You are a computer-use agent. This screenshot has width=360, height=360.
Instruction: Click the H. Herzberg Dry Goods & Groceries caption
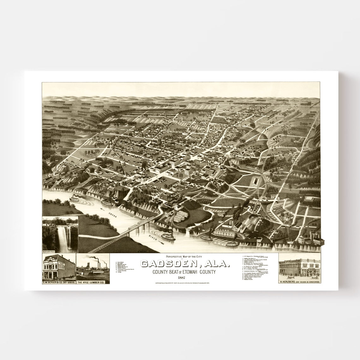pos(299,281)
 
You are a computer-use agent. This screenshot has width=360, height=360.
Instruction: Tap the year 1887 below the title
pos(181,278)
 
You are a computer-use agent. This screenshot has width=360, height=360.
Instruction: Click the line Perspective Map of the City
pos(181,257)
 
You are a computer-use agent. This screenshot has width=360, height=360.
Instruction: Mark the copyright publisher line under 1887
pos(181,284)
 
